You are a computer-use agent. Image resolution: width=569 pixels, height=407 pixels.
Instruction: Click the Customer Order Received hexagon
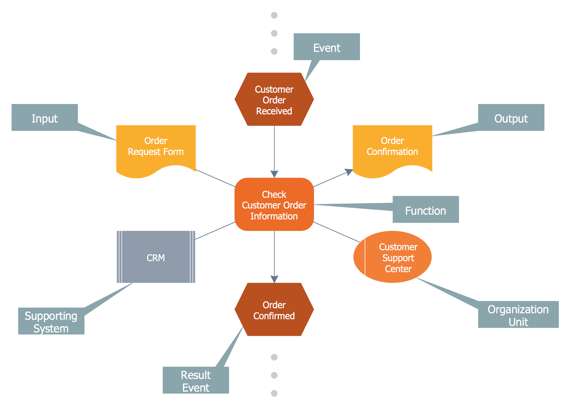(x=274, y=99)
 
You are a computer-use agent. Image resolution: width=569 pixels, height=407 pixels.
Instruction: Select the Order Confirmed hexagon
(x=274, y=310)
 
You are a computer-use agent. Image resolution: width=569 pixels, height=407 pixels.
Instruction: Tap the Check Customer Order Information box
(x=274, y=205)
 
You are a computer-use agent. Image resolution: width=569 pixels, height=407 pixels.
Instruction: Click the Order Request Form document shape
(x=156, y=148)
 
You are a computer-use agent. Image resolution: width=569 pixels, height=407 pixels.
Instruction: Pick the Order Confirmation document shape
(x=392, y=148)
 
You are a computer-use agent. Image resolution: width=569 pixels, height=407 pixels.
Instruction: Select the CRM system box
(x=156, y=257)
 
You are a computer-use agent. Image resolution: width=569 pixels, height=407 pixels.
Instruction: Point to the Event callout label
(x=327, y=47)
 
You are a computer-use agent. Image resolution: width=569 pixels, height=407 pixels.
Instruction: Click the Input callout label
(x=45, y=118)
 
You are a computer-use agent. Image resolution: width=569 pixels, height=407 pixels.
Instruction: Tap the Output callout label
(x=511, y=118)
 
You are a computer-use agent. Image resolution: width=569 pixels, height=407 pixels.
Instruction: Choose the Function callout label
(x=426, y=210)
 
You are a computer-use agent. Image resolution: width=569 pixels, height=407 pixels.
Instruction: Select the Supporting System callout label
(x=51, y=321)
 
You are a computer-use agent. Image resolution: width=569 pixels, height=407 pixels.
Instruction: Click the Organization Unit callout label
(x=518, y=315)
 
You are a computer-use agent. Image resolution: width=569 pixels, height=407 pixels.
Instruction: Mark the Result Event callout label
(x=196, y=380)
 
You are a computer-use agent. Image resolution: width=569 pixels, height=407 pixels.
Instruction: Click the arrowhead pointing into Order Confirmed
(x=274, y=279)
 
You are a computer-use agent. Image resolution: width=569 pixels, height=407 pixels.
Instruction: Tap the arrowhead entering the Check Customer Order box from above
(x=274, y=174)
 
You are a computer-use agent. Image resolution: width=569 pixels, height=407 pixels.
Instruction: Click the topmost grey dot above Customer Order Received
(x=274, y=15)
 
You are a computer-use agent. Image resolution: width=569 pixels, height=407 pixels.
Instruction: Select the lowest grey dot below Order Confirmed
(x=274, y=393)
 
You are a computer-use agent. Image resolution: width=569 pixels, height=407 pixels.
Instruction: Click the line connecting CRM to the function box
(x=215, y=231)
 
